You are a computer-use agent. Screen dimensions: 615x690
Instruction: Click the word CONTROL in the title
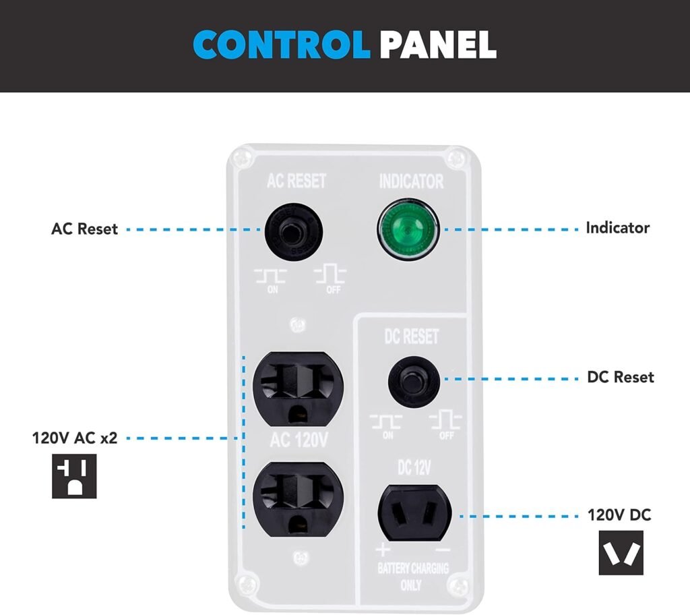pos(281,44)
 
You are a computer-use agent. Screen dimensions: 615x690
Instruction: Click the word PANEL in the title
pos(437,44)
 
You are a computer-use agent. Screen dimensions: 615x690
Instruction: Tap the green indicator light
pos(407,229)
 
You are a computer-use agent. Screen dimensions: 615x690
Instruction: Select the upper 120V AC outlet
pos(299,386)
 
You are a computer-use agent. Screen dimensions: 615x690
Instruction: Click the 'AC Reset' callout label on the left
pos(84,229)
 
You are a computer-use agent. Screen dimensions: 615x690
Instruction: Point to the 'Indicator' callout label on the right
pos(617,228)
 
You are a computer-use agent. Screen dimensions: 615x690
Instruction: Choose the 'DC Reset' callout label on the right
pos(620,377)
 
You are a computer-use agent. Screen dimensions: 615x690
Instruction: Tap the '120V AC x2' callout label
pos(75,438)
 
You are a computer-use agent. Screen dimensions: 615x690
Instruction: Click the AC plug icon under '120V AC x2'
pos(74,476)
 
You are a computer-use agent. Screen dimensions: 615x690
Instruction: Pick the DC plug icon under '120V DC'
pos(621,553)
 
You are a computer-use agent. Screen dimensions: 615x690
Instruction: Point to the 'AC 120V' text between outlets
pos(299,442)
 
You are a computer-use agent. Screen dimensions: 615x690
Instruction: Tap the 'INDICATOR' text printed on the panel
pos(411,181)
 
